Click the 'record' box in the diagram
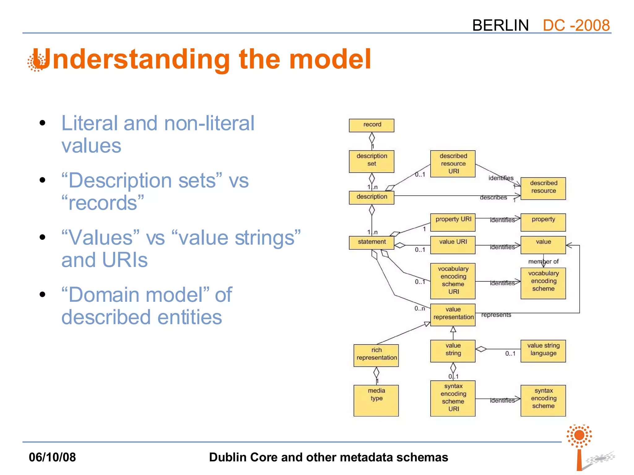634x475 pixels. [x=371, y=125]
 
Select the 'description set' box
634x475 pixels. [x=371, y=161]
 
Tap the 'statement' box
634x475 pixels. [x=371, y=242]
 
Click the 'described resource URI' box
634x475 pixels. [x=453, y=164]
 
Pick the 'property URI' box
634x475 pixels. [x=453, y=222]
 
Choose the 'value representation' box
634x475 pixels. [x=453, y=315]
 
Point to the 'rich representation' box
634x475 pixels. [x=376, y=355]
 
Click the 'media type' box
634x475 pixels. [x=376, y=400]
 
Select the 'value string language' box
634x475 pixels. [x=543, y=351]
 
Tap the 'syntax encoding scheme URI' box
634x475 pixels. [x=453, y=398]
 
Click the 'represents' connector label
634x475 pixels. [x=496, y=315]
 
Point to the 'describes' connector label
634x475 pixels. [x=493, y=197]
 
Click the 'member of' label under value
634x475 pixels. [x=543, y=262]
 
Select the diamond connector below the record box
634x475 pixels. [x=372, y=138]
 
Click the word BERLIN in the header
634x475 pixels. [x=500, y=25]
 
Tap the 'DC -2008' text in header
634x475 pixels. [x=576, y=25]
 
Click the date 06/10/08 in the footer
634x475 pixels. [x=52, y=457]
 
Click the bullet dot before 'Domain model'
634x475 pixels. [x=42, y=294]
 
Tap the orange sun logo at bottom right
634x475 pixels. [x=579, y=435]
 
